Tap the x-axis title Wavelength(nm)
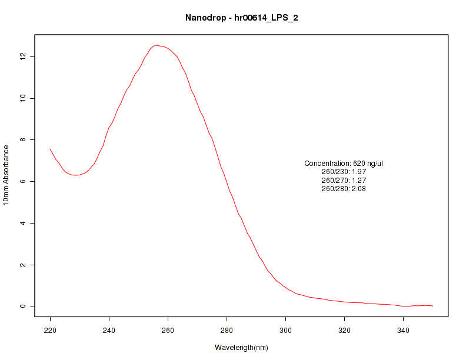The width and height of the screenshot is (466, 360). [x=241, y=348]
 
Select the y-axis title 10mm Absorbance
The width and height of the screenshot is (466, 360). [x=6, y=175]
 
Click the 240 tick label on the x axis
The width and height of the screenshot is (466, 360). [x=109, y=330]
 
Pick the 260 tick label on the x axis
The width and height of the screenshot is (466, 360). [x=168, y=330]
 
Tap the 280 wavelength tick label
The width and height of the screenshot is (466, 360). [x=227, y=330]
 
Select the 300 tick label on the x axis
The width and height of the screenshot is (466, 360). [x=285, y=330]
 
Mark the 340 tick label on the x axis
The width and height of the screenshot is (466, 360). [x=403, y=330]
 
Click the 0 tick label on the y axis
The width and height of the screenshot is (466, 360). [x=22, y=306]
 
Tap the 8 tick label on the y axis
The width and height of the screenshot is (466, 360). [x=22, y=140]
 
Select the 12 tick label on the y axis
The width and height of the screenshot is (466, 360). [x=22, y=56]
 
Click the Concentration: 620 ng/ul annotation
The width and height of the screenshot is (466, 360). [x=344, y=164]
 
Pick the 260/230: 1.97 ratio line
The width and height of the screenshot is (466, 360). [x=344, y=172]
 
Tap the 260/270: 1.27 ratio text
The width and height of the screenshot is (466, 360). [x=344, y=181]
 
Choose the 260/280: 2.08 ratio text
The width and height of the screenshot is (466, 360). [x=344, y=189]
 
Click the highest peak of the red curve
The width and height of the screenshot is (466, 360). [x=156, y=45]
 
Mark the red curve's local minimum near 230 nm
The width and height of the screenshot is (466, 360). [x=76, y=175]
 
